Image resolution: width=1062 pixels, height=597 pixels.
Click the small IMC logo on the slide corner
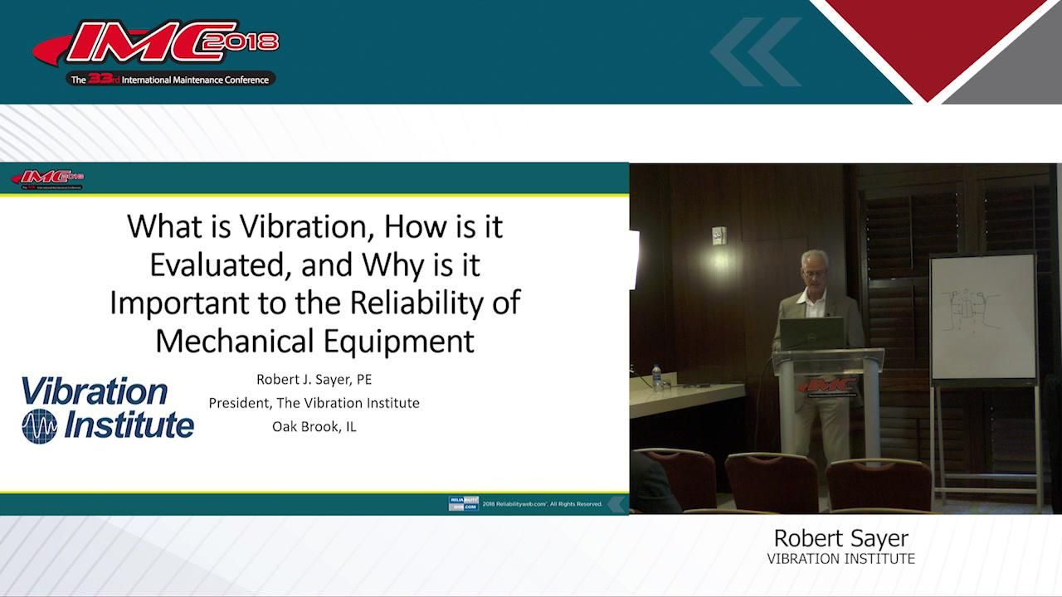pos(47,179)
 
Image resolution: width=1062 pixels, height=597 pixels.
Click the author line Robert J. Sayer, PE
pos(314,380)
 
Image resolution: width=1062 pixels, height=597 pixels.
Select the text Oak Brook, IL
pos(314,426)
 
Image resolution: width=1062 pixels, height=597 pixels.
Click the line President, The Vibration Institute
pos(314,403)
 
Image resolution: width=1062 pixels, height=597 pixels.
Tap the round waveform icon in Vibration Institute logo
pos(39,425)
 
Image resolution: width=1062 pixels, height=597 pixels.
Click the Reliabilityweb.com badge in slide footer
pos(463,503)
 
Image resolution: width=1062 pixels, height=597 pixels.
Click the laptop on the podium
pos(811,333)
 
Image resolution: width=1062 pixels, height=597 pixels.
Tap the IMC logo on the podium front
pos(827,386)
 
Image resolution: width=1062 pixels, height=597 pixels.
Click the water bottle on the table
pos(657,377)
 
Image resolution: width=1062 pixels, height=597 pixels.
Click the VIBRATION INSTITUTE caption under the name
pos(841,559)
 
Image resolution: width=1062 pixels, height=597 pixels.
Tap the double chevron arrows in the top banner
pos(755,51)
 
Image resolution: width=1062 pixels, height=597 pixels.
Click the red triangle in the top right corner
pos(928,41)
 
